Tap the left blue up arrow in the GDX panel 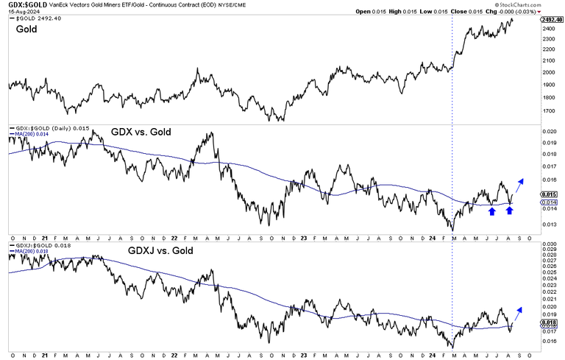(x=491, y=211)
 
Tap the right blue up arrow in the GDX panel (x=509, y=211)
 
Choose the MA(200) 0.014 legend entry (x=31, y=135)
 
